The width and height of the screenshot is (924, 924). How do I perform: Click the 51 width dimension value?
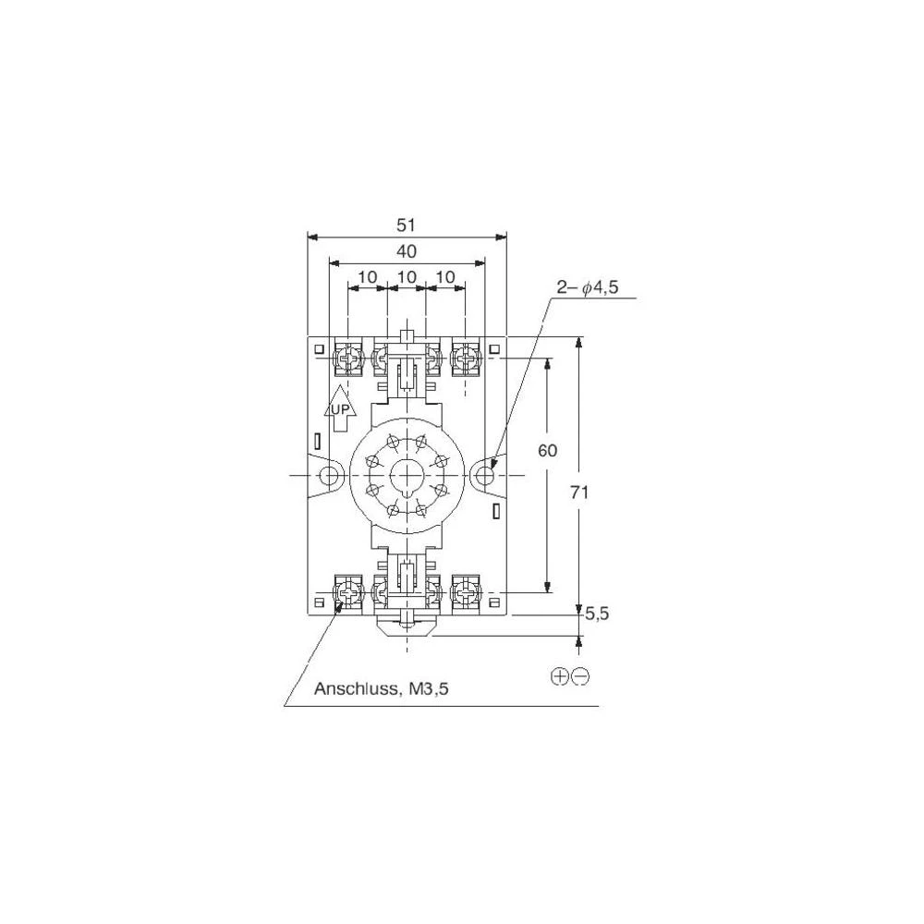(x=406, y=225)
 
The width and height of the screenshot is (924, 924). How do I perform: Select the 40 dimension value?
(x=407, y=251)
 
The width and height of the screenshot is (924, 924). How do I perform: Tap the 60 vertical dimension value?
(x=547, y=451)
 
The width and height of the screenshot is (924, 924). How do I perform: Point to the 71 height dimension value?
(x=579, y=492)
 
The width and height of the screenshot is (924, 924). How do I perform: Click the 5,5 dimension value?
(x=597, y=614)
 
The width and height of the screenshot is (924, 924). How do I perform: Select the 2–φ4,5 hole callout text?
(x=588, y=288)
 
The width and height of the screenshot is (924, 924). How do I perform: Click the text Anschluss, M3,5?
(x=382, y=688)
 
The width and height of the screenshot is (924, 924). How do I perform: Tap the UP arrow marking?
(x=340, y=409)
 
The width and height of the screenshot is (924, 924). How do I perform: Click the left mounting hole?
(x=328, y=474)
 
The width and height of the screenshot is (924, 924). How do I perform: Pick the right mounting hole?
(x=485, y=474)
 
